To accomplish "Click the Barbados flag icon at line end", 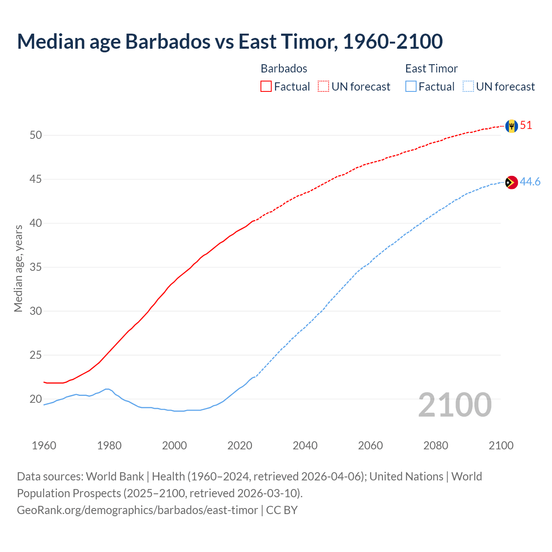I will point(511,126).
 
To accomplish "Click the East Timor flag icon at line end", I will point(511,182).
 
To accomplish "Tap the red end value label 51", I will point(526,125).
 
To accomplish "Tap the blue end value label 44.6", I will point(530,182).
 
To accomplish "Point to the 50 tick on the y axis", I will point(36,135).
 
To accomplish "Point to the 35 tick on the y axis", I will point(36,267).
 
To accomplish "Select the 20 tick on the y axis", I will point(36,399).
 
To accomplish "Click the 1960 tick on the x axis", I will point(44,445).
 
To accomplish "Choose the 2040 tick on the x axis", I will point(305,445).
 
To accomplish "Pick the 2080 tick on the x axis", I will point(436,445).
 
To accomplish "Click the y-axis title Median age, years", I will point(18,268).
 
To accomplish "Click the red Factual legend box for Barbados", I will point(266,87).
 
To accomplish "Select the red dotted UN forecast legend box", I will point(323,87).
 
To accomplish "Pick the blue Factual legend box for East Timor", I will point(411,87).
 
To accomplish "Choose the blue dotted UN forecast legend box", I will point(468,87).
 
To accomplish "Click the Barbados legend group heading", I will point(284,69).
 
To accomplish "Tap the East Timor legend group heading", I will point(431,69).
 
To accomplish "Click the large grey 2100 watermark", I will point(455,405).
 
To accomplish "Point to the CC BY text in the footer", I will point(282,510).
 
